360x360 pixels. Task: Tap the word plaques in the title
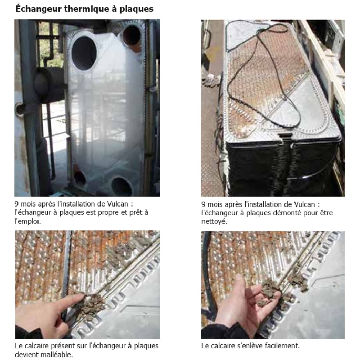136,9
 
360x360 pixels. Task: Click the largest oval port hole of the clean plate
84,53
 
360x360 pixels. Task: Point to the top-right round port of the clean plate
131,35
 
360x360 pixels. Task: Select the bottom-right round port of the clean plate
121,186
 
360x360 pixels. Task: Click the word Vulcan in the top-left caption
117,204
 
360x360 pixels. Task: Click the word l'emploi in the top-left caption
27,221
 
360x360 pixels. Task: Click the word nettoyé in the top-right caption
214,221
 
